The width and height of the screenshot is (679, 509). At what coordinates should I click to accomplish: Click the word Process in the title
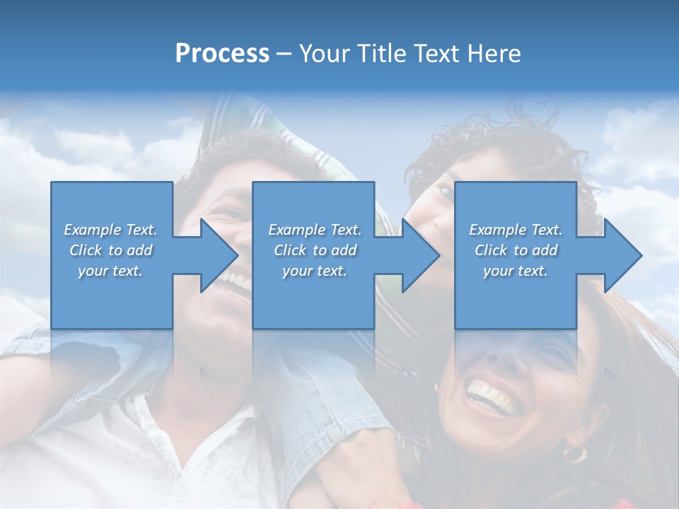(x=222, y=54)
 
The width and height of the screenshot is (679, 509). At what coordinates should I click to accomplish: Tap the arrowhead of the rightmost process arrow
(x=622, y=255)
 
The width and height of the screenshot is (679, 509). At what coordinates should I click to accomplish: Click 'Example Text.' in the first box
(x=110, y=230)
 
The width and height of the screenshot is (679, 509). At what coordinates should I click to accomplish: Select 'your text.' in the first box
(x=110, y=271)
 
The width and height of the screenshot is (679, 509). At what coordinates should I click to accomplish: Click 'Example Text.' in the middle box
(x=314, y=230)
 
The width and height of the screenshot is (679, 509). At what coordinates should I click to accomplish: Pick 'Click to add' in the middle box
(x=314, y=250)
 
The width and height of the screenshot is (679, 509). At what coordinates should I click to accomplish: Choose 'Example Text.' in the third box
(x=516, y=230)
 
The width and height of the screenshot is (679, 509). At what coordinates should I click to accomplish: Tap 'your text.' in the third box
(x=516, y=271)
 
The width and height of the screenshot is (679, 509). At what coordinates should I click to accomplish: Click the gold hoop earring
(x=574, y=452)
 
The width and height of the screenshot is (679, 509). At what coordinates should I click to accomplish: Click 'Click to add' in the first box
(x=110, y=250)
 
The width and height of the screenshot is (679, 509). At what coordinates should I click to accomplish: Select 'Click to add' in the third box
(x=516, y=250)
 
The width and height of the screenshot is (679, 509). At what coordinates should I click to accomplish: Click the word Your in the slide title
(x=322, y=54)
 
